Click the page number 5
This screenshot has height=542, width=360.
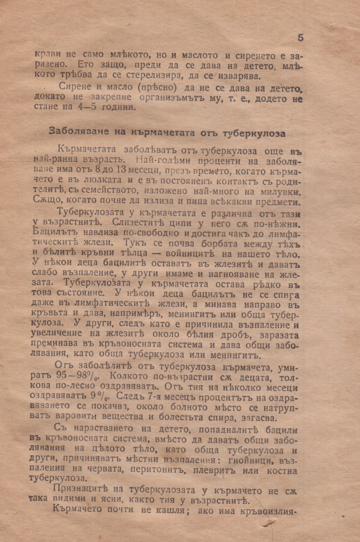300,38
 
